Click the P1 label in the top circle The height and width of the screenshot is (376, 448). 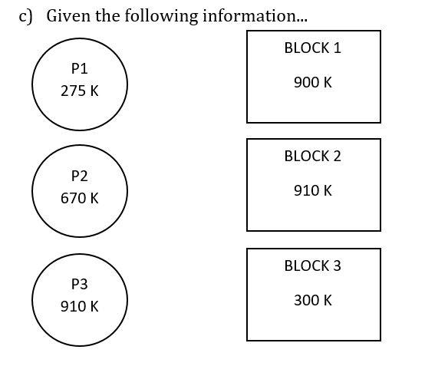(79, 68)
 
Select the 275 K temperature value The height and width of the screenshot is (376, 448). (80, 91)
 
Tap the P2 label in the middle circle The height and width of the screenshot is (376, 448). (79, 176)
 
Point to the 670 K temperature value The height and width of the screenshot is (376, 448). (80, 198)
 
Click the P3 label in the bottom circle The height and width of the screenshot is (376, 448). (79, 284)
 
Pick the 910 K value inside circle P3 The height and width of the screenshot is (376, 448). (80, 306)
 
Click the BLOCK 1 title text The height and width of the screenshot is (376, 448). (312, 48)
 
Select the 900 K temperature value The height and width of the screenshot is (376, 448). (313, 82)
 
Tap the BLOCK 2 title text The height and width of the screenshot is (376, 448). (312, 156)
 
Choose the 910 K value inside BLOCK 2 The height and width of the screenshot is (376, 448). (313, 190)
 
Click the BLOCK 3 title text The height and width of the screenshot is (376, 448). (312, 266)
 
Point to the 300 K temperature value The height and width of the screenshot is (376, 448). (313, 300)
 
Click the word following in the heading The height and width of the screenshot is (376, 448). (161, 16)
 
